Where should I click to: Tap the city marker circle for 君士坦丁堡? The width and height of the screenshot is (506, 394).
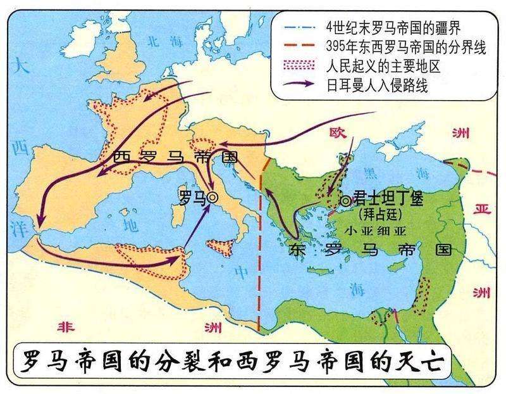[x=345, y=201]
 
